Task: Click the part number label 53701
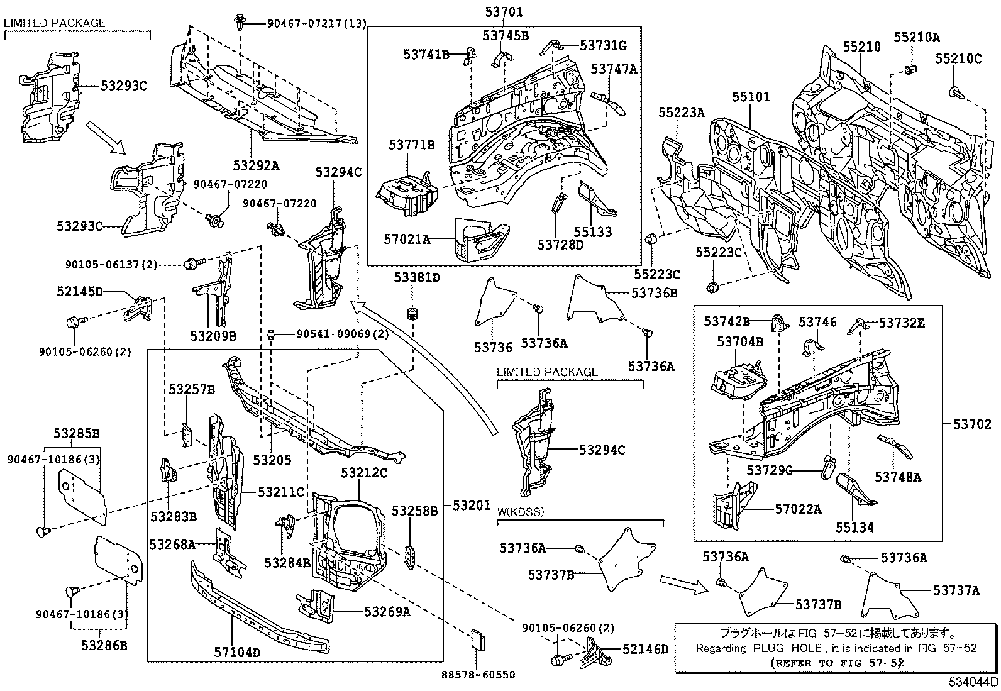pos(504,11)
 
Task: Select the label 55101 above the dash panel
pos(751,97)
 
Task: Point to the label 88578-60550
pos(477,675)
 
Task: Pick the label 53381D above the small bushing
pos(417,277)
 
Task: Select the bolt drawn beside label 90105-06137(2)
pos(191,264)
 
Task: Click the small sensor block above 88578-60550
pos(479,639)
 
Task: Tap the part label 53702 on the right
pos(971,424)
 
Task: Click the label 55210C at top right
pos(958,58)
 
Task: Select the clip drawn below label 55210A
pos(909,69)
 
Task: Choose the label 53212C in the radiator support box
pos(364,472)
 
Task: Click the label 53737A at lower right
pos(956,590)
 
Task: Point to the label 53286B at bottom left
pos(104,644)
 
